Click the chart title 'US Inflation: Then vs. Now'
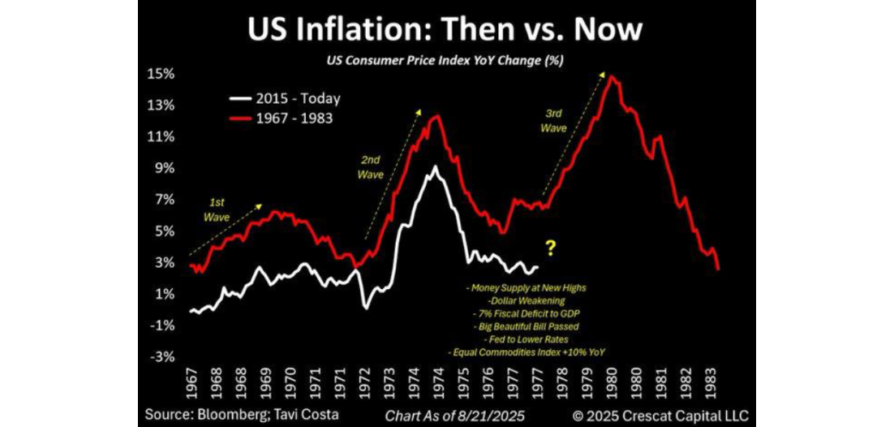(445, 30)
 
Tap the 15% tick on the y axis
(161, 75)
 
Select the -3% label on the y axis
(161, 357)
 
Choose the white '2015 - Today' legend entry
(284, 98)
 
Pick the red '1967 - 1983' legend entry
(284, 119)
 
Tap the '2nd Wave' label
(371, 167)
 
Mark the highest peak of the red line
(610, 76)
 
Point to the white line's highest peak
(436, 167)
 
